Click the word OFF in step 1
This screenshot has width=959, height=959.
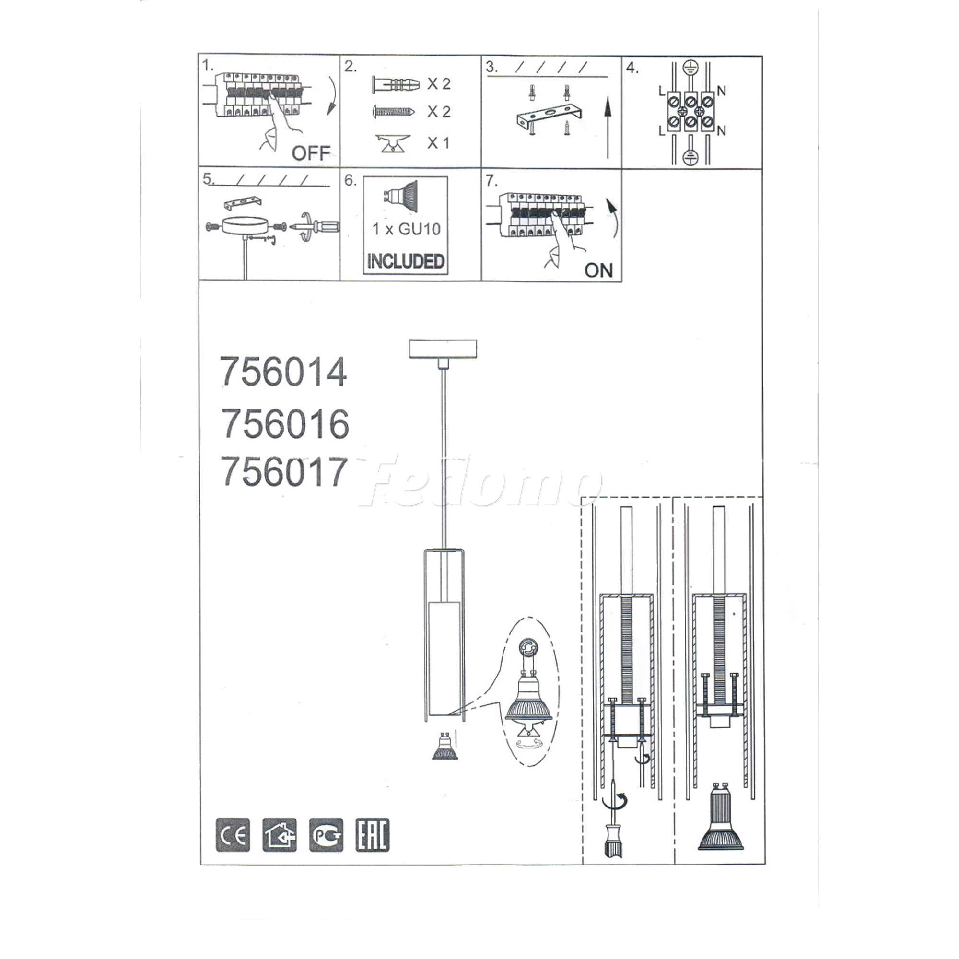[311, 153]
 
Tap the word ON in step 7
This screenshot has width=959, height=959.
[598, 270]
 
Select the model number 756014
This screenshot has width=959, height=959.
[283, 372]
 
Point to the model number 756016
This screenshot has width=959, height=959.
[285, 424]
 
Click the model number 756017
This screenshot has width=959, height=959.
[283, 472]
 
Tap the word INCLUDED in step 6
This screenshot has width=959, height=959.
[406, 261]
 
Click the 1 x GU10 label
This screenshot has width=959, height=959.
[406, 229]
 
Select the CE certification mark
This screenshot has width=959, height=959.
[233, 835]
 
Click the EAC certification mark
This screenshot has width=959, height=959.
[373, 835]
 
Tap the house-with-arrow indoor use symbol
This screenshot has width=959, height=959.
[280, 835]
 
